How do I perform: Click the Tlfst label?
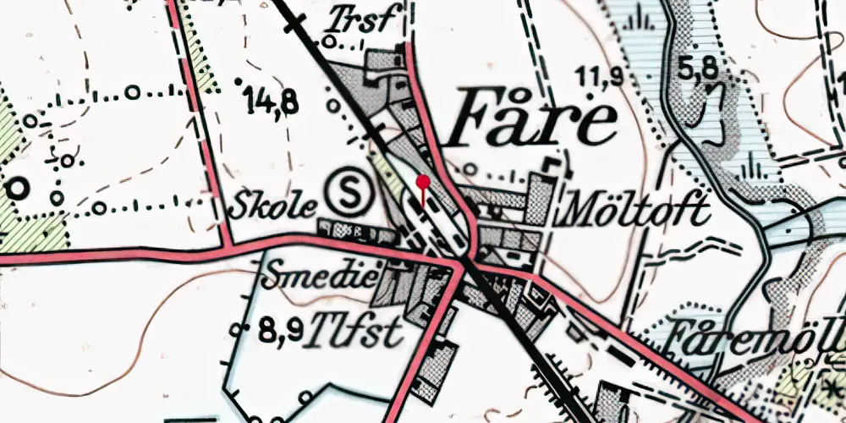pyautogui.click(x=355, y=332)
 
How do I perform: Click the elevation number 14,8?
pyautogui.click(x=272, y=102)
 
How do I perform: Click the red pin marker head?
pyautogui.click(x=422, y=181)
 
